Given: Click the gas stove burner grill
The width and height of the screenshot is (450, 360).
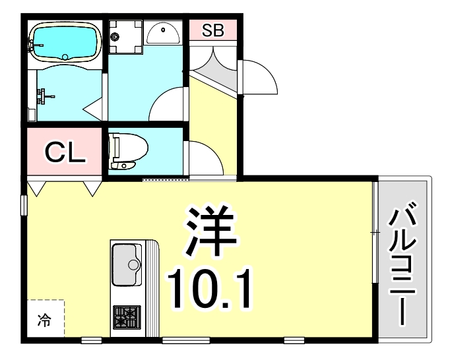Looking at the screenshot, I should click(125, 316).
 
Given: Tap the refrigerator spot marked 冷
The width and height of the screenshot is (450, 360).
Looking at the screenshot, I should click(45, 321).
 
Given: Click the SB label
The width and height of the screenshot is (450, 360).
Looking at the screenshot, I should click(212, 30).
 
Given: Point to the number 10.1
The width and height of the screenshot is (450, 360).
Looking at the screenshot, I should click(210, 288).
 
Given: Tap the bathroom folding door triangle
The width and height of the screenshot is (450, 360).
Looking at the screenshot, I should click(94, 107).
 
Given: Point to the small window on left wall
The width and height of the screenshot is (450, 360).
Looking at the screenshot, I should click(24, 204).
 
